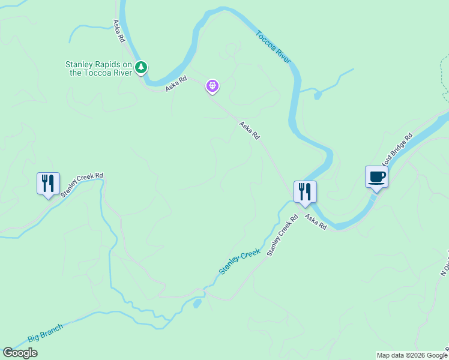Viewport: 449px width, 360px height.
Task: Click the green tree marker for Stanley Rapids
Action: pos(141,67)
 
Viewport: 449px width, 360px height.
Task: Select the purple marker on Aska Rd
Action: pos(212,86)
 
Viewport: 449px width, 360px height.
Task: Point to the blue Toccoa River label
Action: pos(274,47)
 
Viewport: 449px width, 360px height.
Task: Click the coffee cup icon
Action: pos(376,177)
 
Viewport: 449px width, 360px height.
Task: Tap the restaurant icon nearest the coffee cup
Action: pos(305,191)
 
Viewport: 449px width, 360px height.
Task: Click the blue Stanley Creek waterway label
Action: pos(240,262)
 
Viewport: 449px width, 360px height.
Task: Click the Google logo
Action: pos(20,353)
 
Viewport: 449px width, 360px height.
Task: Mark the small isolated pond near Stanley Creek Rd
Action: pos(197,304)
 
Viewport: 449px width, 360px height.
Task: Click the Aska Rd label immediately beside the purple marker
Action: pos(176,83)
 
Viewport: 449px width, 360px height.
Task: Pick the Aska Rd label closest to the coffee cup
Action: pos(315,221)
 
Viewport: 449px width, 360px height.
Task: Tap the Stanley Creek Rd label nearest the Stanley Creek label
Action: pos(282,236)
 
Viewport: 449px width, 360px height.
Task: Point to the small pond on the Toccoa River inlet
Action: pos(317,94)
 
